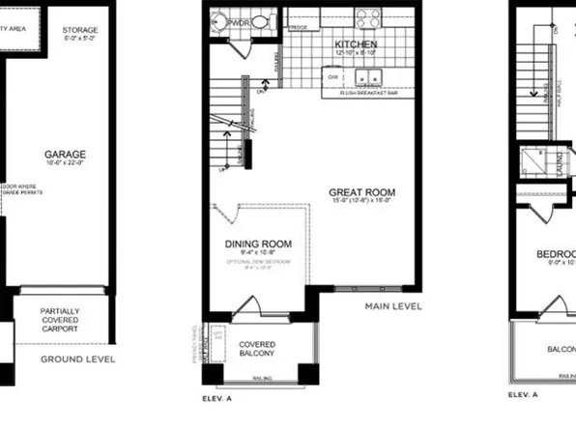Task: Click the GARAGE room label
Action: [x=65, y=154]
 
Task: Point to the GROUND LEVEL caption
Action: [x=77, y=359]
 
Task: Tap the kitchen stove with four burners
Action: [x=368, y=17]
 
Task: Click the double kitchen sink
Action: [x=364, y=77]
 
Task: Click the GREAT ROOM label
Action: [x=361, y=192]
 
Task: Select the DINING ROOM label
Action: [x=258, y=244]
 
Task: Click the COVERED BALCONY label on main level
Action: [x=258, y=347]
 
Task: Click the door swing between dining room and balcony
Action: [x=248, y=307]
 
